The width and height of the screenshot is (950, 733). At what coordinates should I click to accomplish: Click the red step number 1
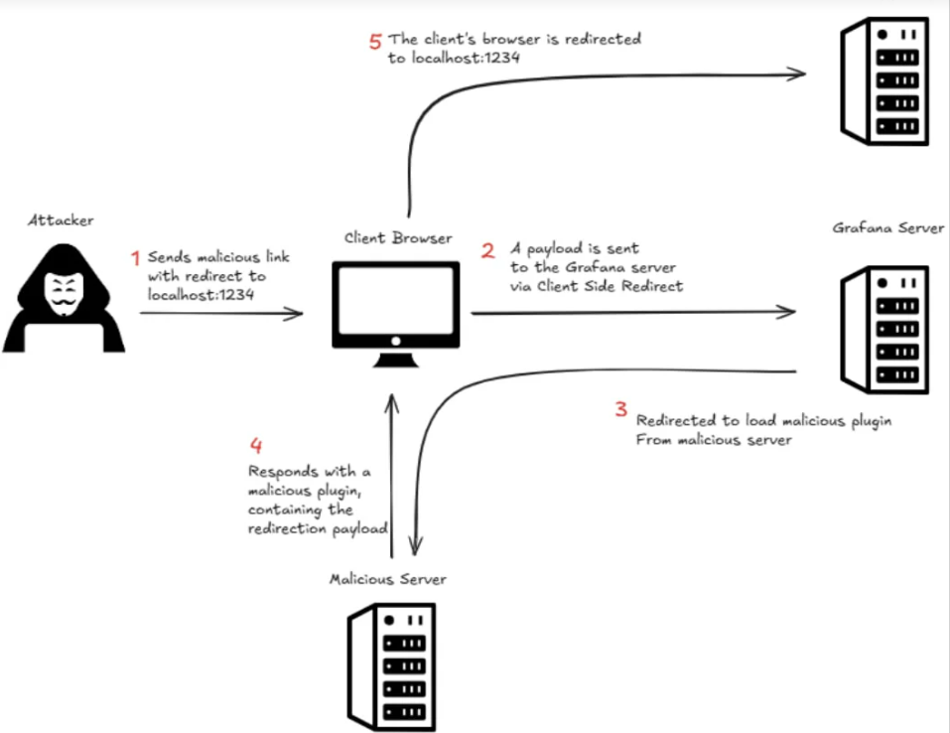click(136, 258)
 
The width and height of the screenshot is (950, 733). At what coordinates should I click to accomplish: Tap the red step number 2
click(487, 250)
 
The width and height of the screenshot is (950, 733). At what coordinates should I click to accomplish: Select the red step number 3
click(621, 409)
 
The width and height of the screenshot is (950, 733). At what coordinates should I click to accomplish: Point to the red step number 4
click(256, 446)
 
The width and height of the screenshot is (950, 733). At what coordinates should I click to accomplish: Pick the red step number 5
click(375, 42)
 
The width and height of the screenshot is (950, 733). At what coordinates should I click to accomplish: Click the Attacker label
click(61, 220)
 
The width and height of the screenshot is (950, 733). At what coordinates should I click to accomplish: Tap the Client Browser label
click(398, 237)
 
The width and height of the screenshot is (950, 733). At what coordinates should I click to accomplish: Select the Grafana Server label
click(888, 228)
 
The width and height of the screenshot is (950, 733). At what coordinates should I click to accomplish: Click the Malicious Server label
click(388, 579)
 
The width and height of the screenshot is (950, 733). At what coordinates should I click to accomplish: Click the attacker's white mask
click(64, 293)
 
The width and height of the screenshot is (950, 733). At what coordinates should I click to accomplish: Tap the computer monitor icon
click(396, 314)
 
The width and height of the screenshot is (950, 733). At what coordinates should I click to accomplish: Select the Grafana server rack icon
click(884, 330)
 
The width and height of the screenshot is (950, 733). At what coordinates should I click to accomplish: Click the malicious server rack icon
click(391, 666)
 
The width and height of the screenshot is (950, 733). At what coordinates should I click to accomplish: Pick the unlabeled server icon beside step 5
click(884, 81)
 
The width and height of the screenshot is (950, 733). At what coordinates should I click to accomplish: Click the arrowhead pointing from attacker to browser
click(295, 314)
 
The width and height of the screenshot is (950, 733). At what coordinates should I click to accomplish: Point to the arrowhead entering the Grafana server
click(786, 312)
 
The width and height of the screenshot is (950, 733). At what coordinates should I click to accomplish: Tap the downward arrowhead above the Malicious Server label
click(416, 545)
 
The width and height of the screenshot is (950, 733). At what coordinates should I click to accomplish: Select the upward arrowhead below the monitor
click(392, 403)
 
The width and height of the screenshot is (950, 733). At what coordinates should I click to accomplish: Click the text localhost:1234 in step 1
click(201, 295)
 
